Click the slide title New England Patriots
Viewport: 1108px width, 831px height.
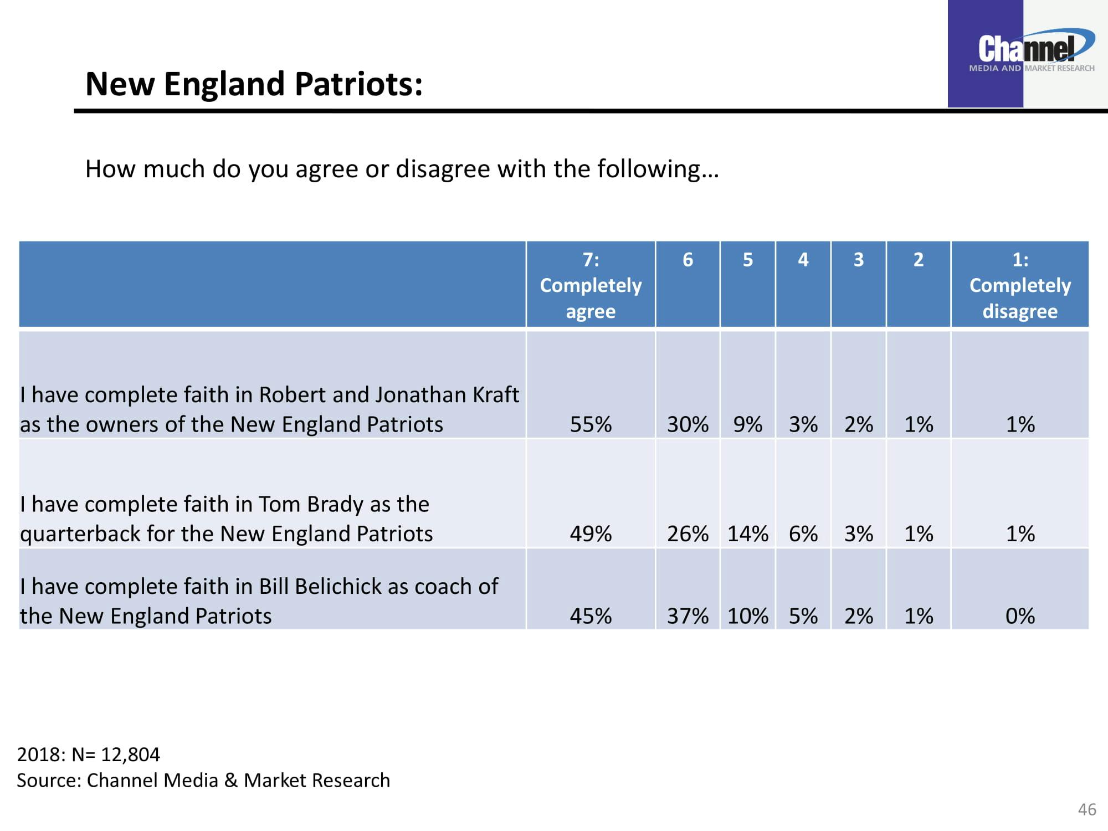coord(254,84)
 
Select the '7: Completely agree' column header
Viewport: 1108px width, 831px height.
coord(591,285)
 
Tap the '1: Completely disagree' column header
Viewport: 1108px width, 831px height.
coord(1020,285)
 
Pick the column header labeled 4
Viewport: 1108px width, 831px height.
coord(803,260)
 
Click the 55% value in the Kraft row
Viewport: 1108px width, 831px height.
coord(591,424)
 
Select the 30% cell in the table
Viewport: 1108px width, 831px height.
coord(688,424)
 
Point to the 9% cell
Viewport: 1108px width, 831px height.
coord(747,424)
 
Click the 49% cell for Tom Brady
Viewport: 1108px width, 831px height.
coord(591,534)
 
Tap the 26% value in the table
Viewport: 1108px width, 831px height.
coord(688,534)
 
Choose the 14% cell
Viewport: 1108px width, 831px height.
coord(747,534)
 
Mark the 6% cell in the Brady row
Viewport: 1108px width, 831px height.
coord(803,534)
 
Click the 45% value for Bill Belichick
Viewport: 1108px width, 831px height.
coord(591,615)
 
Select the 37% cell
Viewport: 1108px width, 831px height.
coord(688,615)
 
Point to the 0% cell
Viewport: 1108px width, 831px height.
coord(1020,615)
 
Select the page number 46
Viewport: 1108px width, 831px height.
coord(1087,809)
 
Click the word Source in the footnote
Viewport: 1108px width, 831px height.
coord(49,780)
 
